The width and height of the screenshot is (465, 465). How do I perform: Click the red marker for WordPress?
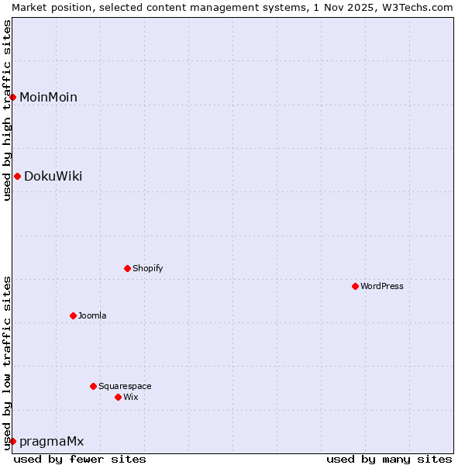click(355, 286)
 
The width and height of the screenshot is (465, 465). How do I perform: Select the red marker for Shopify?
click(127, 268)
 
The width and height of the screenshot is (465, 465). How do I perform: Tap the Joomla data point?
click(73, 315)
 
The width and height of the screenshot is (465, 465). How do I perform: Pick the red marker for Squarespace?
click(93, 386)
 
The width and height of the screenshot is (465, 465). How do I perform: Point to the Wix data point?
click(118, 397)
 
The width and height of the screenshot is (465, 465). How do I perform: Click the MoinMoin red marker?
click(13, 97)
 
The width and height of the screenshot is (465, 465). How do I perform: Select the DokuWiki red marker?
click(17, 176)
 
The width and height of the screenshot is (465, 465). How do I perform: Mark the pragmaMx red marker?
click(12, 441)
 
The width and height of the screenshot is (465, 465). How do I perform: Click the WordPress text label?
click(382, 286)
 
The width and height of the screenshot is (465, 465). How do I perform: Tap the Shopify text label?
click(148, 268)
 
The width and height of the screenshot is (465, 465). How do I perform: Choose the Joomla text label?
click(92, 315)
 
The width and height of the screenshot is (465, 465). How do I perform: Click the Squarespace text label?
click(125, 386)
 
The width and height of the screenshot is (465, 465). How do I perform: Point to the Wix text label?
click(131, 397)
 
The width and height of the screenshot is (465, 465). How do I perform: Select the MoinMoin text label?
click(48, 97)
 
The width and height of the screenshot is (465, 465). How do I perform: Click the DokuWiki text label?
click(53, 176)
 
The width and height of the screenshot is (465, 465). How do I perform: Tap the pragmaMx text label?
click(51, 441)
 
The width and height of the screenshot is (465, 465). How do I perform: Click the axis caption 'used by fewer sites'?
click(80, 459)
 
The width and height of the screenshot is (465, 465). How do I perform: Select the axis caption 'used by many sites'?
click(389, 459)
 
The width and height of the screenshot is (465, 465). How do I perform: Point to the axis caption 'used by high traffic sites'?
click(7, 109)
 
